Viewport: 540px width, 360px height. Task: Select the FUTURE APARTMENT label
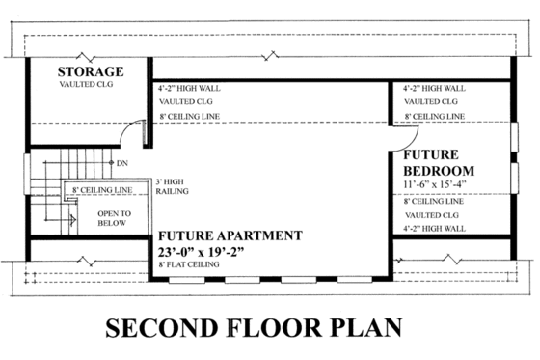pos(230,235)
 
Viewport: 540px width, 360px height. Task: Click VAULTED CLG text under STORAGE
pos(89,85)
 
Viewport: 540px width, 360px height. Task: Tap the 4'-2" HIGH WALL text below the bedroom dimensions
pos(435,228)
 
